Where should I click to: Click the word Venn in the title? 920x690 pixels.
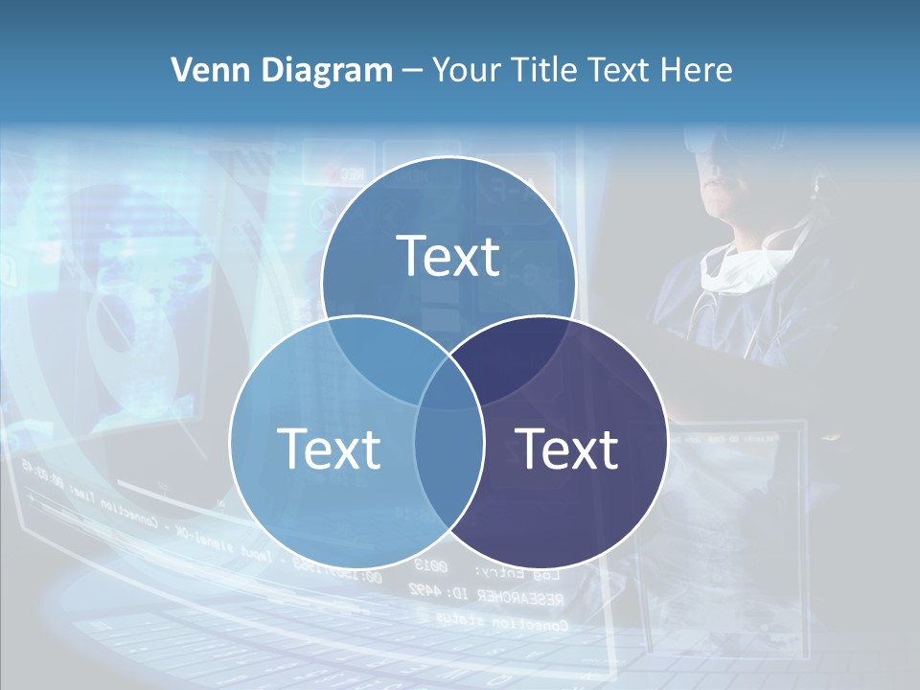click(202, 70)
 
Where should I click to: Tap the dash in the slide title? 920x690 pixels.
click(412, 71)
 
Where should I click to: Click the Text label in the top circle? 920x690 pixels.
click(448, 256)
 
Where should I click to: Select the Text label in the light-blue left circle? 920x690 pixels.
click(329, 448)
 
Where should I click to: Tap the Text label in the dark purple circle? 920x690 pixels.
click(567, 448)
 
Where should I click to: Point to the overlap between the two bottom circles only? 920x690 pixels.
click(448, 470)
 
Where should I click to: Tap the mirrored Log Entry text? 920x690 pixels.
click(525, 575)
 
